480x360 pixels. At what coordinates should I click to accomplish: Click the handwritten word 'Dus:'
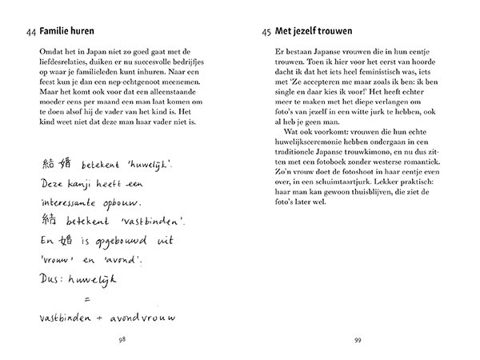click(50, 282)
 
